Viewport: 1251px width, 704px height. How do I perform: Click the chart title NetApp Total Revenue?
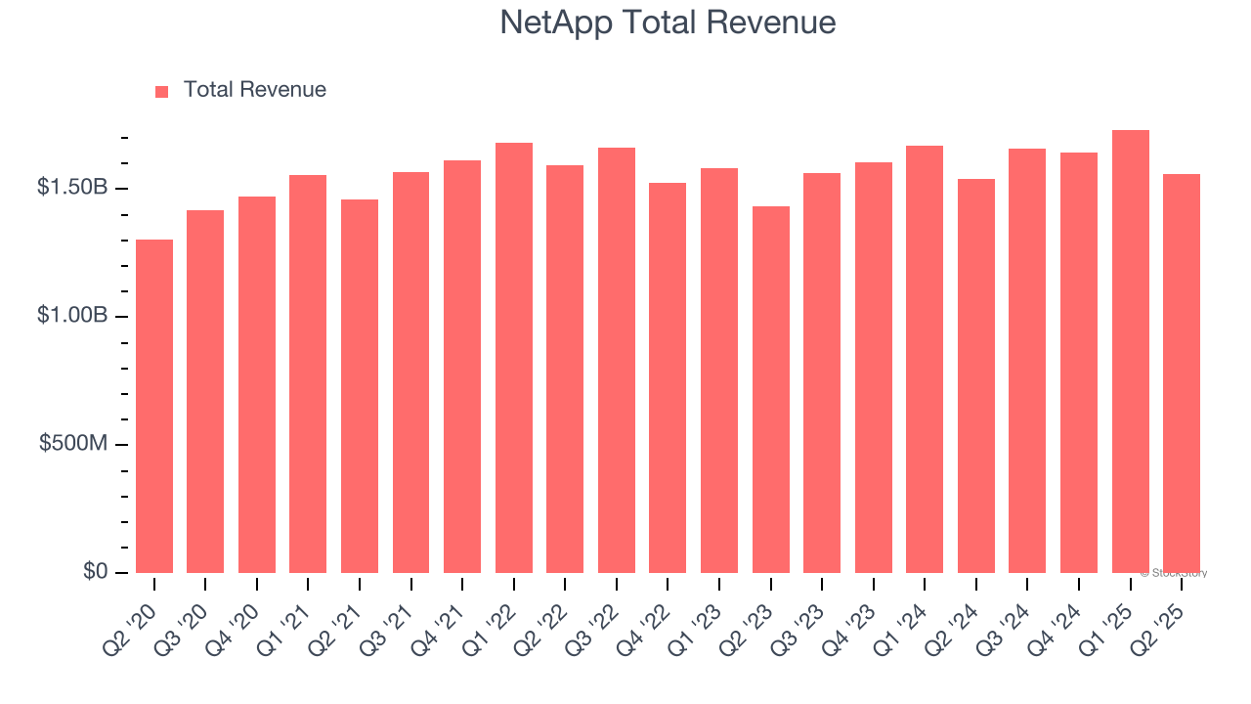(x=668, y=22)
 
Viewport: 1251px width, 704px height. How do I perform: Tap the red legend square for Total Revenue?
(x=162, y=91)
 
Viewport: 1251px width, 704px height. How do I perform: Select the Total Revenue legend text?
(x=254, y=90)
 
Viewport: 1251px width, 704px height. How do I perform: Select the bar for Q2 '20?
(x=154, y=406)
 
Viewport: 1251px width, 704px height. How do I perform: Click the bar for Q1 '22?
(x=514, y=358)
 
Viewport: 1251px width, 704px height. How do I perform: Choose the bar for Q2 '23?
(x=771, y=389)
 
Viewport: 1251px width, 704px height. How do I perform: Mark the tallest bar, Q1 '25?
(x=1131, y=351)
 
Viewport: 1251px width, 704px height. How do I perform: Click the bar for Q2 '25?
(x=1182, y=374)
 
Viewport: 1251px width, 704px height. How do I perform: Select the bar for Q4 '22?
(x=668, y=377)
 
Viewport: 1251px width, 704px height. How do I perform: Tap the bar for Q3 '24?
(x=1027, y=361)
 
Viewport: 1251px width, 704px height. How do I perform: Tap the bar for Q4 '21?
(x=462, y=367)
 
